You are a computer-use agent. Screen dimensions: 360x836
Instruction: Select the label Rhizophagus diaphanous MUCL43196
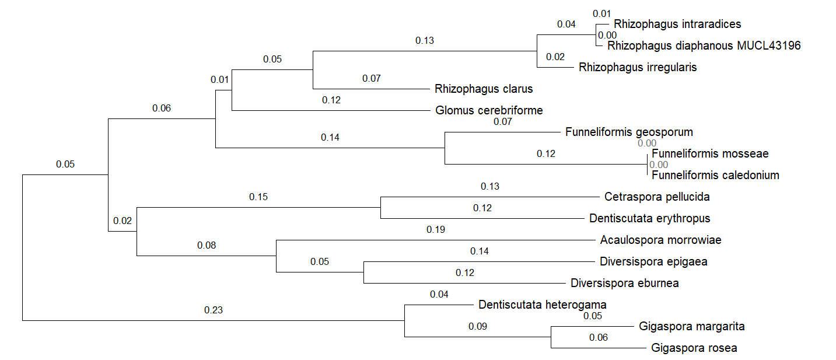tap(704, 46)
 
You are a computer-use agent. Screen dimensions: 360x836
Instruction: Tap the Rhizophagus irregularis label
tap(638, 67)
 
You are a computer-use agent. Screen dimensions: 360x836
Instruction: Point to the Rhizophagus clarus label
tap(484, 89)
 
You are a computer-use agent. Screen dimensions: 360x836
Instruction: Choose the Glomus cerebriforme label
tap(489, 110)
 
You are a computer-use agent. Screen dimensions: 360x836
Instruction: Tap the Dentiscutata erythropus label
tap(649, 219)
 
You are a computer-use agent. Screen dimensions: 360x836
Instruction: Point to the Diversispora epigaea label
tap(653, 261)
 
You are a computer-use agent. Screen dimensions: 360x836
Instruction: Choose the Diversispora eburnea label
tap(624, 284)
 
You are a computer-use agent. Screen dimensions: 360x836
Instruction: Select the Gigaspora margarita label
tap(691, 326)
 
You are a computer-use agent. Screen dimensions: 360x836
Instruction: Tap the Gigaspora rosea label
tap(694, 348)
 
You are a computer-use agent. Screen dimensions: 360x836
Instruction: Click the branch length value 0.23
tap(214, 310)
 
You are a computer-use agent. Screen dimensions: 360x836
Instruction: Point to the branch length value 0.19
tap(436, 229)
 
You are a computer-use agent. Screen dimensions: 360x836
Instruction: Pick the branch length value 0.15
tap(258, 197)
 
